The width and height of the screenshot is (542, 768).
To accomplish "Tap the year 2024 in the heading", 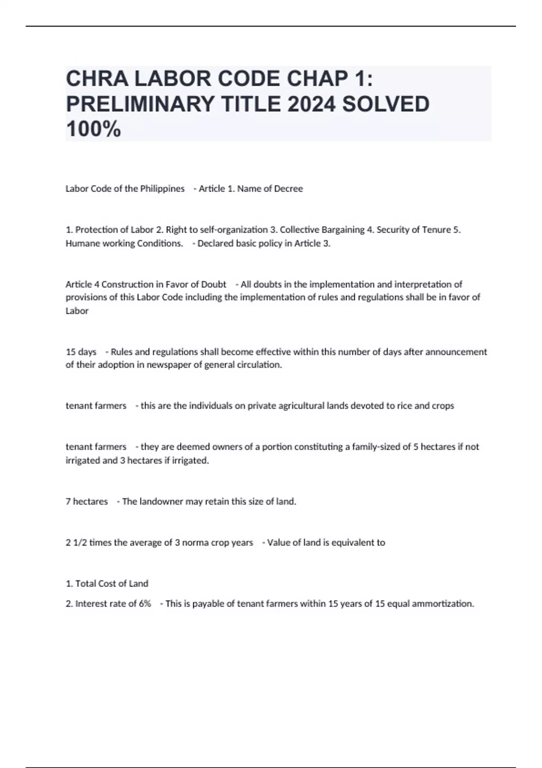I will tap(311, 104).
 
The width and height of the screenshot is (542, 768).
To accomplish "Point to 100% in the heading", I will tap(93, 129).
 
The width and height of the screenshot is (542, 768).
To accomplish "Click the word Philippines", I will tap(162, 189).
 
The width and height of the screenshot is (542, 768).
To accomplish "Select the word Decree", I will tap(288, 189).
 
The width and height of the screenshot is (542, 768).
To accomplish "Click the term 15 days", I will tap(81, 352).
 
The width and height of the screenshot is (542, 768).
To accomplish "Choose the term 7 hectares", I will tap(87, 501).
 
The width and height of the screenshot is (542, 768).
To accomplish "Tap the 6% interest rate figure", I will tap(145, 604).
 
